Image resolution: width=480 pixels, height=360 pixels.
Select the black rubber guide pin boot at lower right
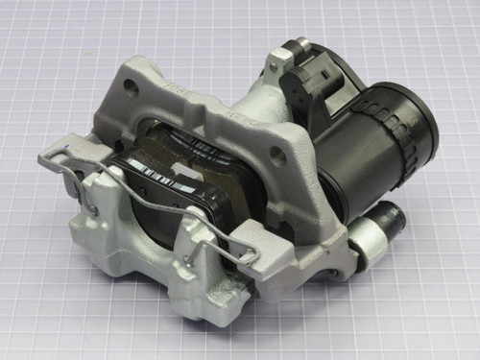tap(389, 222)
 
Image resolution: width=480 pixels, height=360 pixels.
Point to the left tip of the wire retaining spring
tap(43, 158)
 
